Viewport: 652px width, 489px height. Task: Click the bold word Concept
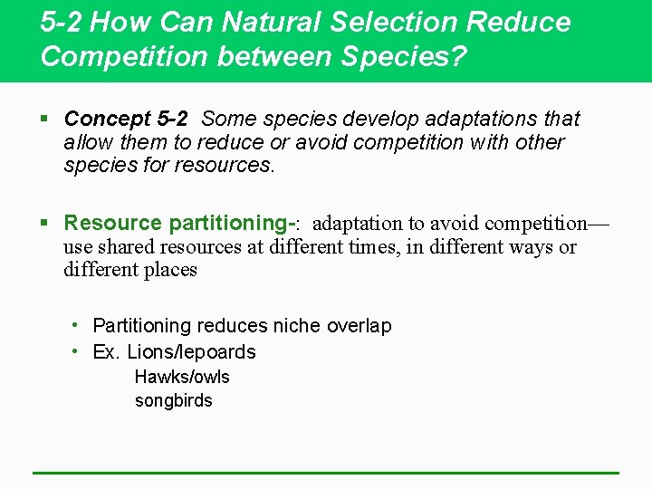click(107, 119)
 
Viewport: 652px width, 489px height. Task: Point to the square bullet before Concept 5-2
click(46, 119)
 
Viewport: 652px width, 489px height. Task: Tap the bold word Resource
click(113, 223)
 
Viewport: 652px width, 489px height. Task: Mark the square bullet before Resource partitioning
click(46, 223)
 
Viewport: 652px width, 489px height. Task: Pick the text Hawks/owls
click(182, 377)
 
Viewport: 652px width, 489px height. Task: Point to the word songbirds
click(173, 400)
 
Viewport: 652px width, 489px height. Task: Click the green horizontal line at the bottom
click(326, 473)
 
